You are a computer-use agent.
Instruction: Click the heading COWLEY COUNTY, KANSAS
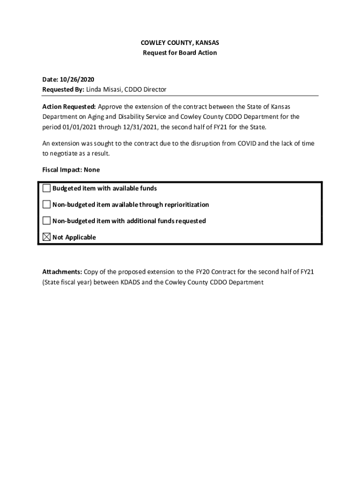tap(180, 43)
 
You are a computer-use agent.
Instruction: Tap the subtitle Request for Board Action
tap(180, 53)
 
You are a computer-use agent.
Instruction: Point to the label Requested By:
tap(63, 89)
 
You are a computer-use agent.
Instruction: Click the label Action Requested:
tap(69, 107)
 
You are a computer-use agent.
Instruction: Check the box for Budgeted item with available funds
tap(46, 189)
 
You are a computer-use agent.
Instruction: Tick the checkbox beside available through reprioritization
tap(46, 204)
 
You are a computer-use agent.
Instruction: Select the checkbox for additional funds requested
tap(46, 221)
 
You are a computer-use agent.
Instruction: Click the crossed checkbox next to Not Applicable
tap(46, 237)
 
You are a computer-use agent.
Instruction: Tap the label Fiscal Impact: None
tap(71, 170)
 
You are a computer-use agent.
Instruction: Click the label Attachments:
tap(62, 272)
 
